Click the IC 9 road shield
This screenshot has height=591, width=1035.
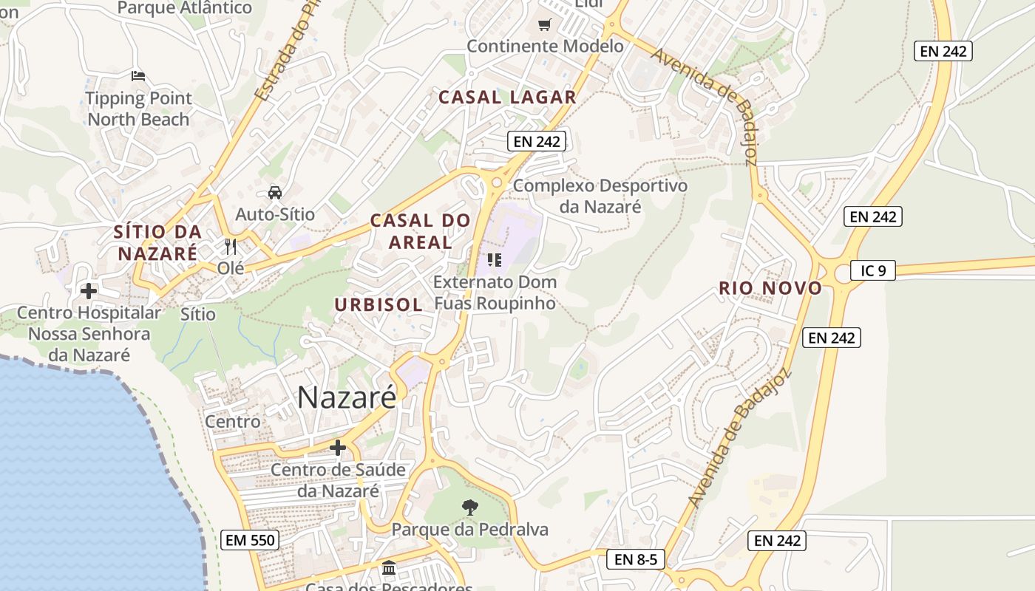872,270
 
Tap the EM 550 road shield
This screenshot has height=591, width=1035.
250,540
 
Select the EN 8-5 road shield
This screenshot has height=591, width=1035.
636,559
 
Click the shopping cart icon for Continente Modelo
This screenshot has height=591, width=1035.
545,25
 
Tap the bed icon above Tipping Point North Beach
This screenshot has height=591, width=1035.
138,75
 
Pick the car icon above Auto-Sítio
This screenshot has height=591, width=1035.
275,193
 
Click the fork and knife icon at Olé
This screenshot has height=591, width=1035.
231,246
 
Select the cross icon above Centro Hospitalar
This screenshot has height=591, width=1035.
89,291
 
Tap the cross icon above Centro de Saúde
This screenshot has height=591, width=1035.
338,448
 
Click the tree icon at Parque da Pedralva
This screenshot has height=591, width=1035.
469,507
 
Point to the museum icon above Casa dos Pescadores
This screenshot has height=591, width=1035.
389,568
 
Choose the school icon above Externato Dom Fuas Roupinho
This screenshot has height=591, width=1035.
495,260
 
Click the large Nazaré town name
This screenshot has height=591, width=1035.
347,397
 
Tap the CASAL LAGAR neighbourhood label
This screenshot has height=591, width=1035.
507,97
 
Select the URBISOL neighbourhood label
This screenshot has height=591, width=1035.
379,304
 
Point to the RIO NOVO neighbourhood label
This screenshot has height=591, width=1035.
770,288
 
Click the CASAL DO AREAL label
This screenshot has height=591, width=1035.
420,231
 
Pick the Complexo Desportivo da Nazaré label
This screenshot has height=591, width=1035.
600,196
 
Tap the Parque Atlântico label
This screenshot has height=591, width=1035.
185,8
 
